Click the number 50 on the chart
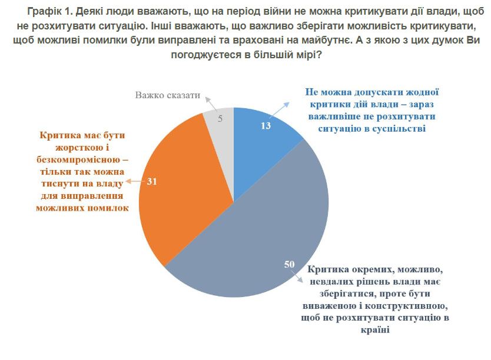(289, 265)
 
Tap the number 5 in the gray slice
(220, 118)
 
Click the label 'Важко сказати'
(168, 95)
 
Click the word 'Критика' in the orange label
(59, 135)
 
